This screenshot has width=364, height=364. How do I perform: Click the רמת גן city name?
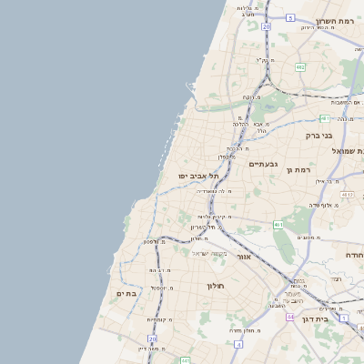coord(298,169)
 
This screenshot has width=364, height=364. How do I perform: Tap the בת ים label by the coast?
coord(126,293)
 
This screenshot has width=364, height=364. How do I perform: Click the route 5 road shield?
coord(290,17)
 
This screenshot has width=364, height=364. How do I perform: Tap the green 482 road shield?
coord(299,66)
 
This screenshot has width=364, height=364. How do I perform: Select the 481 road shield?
coord(325,117)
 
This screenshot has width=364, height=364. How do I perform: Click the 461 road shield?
coord(278,224)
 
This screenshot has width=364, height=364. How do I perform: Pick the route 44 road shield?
coord(289,317)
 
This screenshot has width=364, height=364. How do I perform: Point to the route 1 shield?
coord(344,317)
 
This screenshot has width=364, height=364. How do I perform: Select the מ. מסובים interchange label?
coord(307,237)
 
